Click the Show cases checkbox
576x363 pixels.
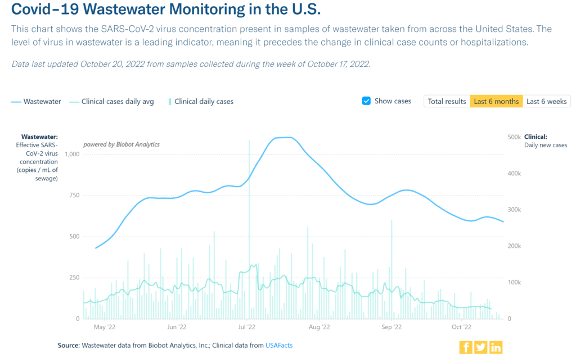[x=366, y=101]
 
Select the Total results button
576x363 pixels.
[x=447, y=101]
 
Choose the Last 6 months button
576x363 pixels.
[x=496, y=101]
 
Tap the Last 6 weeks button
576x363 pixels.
[x=547, y=101]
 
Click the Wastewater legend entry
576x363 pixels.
[x=36, y=102]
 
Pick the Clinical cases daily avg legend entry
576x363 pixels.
[x=111, y=102]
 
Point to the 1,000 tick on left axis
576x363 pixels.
[x=71, y=154]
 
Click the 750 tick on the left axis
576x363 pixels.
[x=74, y=195]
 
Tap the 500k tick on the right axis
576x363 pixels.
[x=514, y=137]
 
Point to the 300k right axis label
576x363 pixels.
[x=514, y=210]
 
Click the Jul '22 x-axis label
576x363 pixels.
[x=247, y=327]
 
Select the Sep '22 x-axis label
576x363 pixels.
[x=391, y=327]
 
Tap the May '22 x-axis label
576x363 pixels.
[x=104, y=327]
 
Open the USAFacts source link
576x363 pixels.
[x=278, y=346]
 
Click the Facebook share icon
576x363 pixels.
[x=466, y=347]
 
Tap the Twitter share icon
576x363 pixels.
[x=480, y=347]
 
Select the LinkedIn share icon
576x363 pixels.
[x=496, y=347]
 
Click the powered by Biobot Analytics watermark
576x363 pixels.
[x=121, y=144]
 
